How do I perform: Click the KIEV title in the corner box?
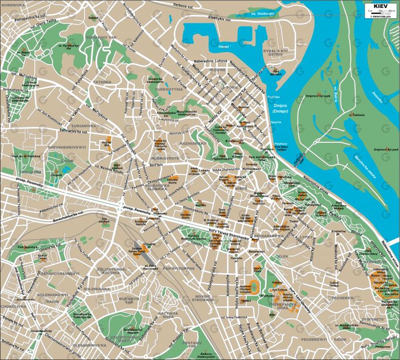point(379,6)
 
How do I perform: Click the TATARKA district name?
point(102,82)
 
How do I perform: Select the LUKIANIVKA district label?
point(83,125)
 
